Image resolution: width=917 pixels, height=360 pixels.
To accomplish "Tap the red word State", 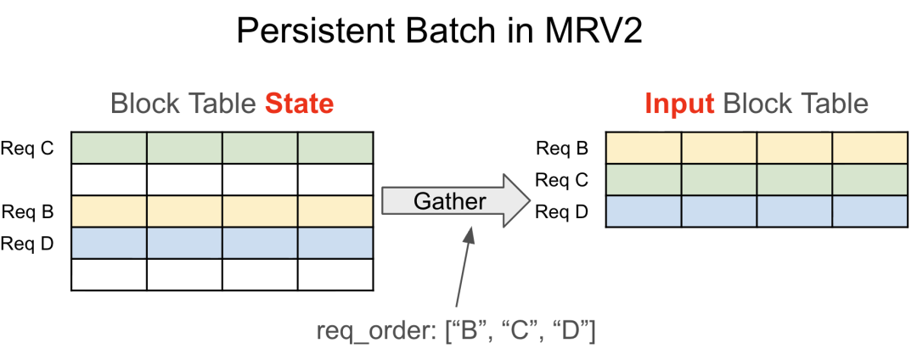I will coord(300,104).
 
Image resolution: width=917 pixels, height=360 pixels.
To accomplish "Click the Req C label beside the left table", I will coord(27,149).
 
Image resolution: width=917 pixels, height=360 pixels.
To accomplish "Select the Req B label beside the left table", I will coord(27,211).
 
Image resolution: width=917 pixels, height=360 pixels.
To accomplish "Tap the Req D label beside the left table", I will coord(27,244).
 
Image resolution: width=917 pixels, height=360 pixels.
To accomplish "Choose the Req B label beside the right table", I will coord(562,149).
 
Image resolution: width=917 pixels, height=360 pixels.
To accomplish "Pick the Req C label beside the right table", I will coord(562,180).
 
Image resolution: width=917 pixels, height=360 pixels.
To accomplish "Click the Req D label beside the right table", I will coord(562,211).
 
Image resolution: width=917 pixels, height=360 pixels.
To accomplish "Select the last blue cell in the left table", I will coord(335,244).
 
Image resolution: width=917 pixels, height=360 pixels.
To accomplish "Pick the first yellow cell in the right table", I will coord(644,149).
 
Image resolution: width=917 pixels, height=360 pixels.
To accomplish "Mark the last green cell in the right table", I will coord(869,180).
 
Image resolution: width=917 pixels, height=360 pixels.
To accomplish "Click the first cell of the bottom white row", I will coord(109,274).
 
